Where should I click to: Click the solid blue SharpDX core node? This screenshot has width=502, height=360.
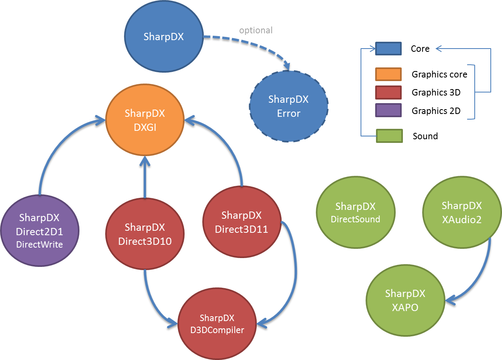coord(164,36)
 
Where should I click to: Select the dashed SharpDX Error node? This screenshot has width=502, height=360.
coord(289,106)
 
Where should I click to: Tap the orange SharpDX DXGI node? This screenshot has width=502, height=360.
coord(145,120)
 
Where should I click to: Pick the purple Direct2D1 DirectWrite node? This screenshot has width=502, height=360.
coord(40,231)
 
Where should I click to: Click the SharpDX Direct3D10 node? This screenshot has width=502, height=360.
coord(145,234)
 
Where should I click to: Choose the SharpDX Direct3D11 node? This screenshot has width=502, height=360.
coord(242,222)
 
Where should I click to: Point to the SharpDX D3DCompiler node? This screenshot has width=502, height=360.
coord(217,324)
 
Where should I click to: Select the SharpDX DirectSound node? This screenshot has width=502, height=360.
coord(356,212)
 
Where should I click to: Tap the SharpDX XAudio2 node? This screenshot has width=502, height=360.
coord(462,212)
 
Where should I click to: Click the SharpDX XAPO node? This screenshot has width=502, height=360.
coord(405,300)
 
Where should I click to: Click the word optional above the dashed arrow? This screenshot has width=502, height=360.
coord(256,31)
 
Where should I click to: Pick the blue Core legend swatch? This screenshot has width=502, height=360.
coord(388,49)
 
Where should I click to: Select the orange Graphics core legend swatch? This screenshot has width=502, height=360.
coord(388,74)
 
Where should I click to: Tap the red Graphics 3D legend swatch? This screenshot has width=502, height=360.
coord(388,92)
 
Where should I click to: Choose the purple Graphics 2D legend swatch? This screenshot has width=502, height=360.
coord(388,110)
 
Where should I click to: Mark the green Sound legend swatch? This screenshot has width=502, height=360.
coord(389,136)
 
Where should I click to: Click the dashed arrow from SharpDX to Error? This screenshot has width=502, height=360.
coord(253,44)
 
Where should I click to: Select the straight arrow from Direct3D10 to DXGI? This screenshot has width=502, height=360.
coord(145,177)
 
